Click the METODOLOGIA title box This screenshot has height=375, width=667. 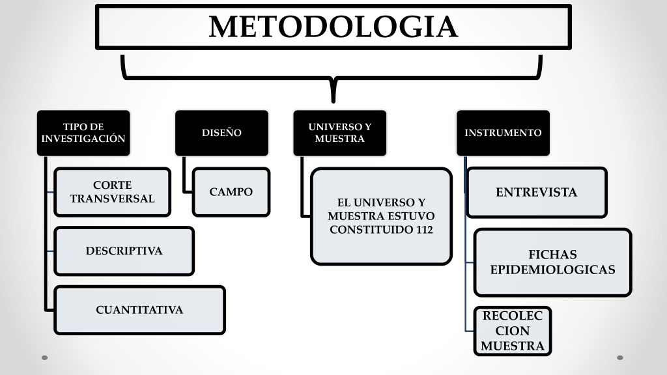tap(333, 27)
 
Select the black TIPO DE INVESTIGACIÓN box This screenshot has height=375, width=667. tap(83, 133)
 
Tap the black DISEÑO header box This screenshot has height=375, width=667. tap(221, 133)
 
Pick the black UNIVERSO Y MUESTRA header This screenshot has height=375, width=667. tap(340, 133)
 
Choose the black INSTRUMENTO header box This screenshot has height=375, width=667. tap(504, 133)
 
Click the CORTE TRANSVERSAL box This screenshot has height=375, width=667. tap(112, 192)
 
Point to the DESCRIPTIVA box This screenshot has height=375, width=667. tap(124, 251)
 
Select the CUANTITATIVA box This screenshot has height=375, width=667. tap(139, 310)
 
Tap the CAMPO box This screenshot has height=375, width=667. tap(231, 192)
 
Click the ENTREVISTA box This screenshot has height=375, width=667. tap(537, 192)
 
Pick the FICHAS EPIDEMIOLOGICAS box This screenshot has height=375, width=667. tap(552, 262)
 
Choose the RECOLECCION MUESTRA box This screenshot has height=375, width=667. tap(513, 331)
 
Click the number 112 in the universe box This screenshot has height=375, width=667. tap(425, 230)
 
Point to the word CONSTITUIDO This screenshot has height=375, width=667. tap(371, 230)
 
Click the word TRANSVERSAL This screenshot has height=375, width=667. tap(112, 199)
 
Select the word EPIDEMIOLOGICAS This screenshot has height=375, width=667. tap(552, 270)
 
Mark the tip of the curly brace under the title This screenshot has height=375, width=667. tap(333, 102)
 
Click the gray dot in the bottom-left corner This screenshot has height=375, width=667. tap(45, 357)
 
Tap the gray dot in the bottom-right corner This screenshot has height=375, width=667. tap(620, 357)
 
